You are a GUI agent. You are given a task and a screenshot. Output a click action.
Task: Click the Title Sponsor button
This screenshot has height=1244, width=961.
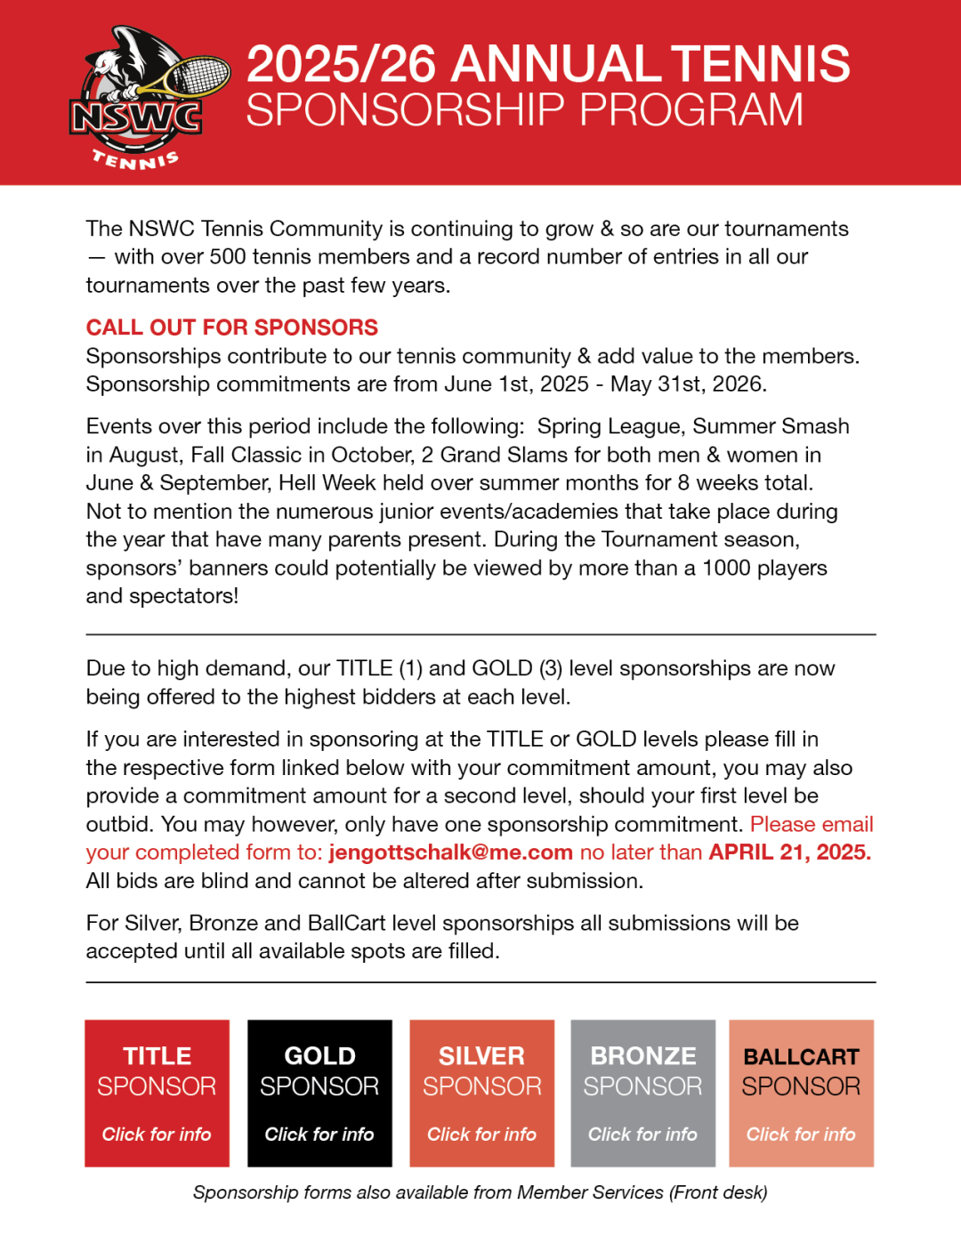pyautogui.click(x=157, y=1093)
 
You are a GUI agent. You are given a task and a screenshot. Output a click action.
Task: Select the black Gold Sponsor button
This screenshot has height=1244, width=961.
pyautogui.click(x=319, y=1093)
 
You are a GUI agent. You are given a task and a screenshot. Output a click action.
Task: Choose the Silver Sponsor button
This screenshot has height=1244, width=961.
pyautogui.click(x=481, y=1093)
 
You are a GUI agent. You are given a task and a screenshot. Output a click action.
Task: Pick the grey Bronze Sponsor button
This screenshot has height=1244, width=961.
pyautogui.click(x=642, y=1093)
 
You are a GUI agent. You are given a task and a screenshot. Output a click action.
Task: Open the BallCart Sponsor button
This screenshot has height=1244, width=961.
pyautogui.click(x=801, y=1093)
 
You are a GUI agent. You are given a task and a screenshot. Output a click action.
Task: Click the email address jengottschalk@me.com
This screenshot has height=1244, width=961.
pyautogui.click(x=450, y=852)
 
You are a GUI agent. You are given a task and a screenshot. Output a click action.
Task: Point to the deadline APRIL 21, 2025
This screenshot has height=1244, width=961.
pyautogui.click(x=789, y=852)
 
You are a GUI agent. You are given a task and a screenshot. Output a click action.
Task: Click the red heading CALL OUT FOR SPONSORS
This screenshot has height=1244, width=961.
pyautogui.click(x=231, y=327)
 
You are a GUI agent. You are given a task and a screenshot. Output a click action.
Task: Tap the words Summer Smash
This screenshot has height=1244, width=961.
pyautogui.click(x=771, y=426)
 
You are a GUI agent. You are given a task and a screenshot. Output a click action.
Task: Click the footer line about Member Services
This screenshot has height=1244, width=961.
pyautogui.click(x=480, y=1192)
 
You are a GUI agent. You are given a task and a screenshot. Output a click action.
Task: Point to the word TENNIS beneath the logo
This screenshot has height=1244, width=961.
pyautogui.click(x=136, y=160)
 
